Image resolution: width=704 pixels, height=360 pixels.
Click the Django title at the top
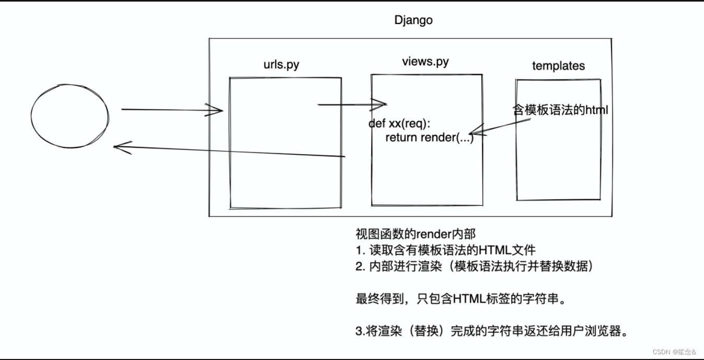pyautogui.click(x=413, y=21)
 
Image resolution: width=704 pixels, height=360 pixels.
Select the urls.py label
pyautogui.click(x=282, y=65)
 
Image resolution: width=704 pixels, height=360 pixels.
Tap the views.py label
pyautogui.click(x=425, y=62)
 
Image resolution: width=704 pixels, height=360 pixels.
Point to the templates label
pyautogui.click(x=558, y=66)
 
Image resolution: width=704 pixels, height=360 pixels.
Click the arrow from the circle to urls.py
pyautogui.click(x=172, y=110)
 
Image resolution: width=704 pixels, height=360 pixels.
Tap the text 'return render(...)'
pyautogui.click(x=429, y=137)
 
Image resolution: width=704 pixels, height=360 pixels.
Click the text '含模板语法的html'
pyautogui.click(x=561, y=110)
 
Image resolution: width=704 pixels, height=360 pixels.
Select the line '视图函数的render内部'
pyautogui.click(x=416, y=234)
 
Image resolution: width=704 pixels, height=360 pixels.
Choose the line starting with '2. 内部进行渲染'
pyautogui.click(x=474, y=266)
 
